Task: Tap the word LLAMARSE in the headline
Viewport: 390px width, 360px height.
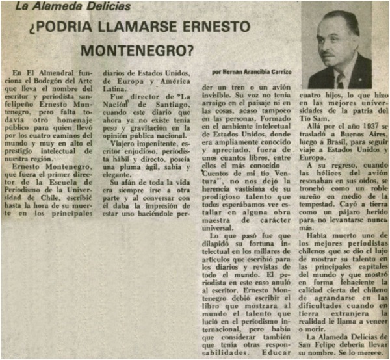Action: point(138,28)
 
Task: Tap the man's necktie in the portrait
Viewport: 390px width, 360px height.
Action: point(340,80)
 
